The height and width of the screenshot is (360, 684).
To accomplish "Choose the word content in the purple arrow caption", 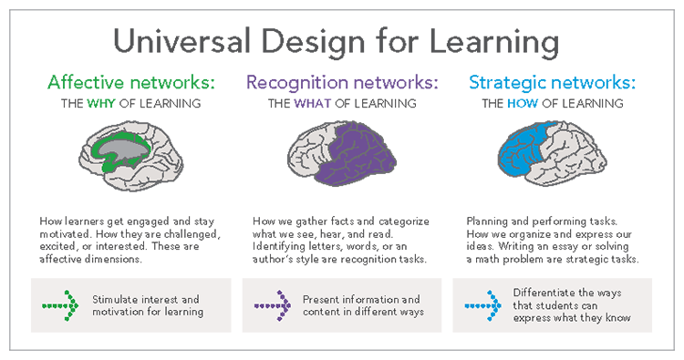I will pyautogui.click(x=323, y=313).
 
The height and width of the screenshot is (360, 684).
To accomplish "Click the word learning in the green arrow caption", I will pyautogui.click(x=184, y=313).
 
